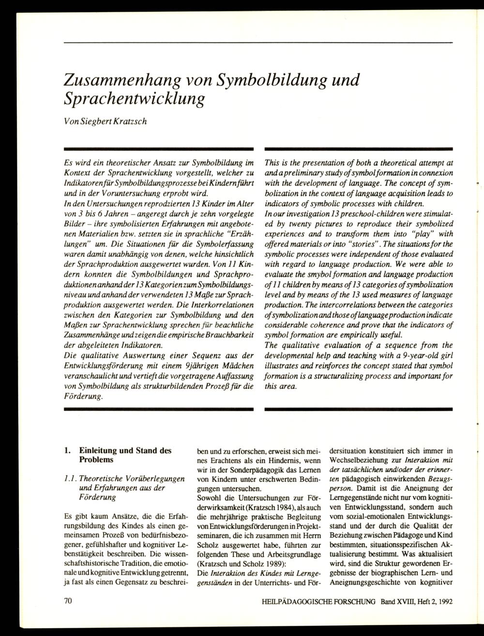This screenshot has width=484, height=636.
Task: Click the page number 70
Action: click(x=68, y=601)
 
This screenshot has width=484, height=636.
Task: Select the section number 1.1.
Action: click(x=71, y=479)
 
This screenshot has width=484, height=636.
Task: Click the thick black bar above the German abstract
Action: click(x=159, y=149)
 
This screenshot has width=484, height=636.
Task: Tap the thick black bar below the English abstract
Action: click(x=359, y=409)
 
